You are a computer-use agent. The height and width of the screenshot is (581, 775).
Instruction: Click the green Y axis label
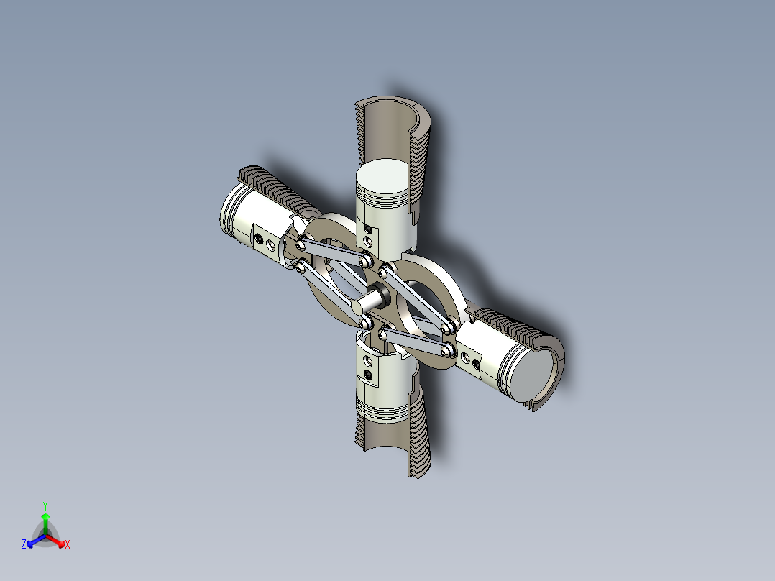click(45, 505)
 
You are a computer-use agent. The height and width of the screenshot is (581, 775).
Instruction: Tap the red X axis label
click(68, 545)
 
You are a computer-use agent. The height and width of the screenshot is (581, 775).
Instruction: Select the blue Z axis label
click(24, 545)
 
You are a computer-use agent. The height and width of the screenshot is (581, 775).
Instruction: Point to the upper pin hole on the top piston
click(369, 228)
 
